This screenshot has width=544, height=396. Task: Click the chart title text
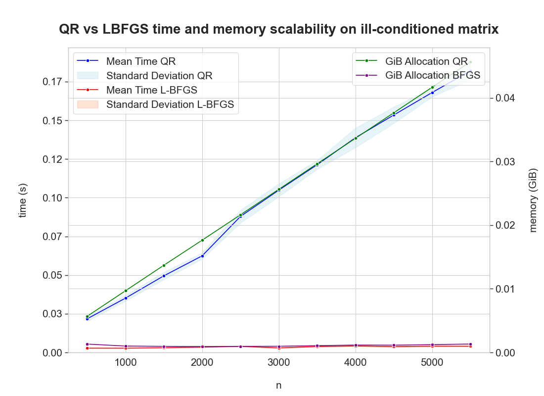point(278,30)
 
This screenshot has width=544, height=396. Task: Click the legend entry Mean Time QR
point(140,61)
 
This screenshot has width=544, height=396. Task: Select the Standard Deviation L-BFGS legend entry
point(170,104)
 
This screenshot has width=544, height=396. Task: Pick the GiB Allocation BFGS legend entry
point(432,75)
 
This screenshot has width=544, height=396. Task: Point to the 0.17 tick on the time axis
point(50,82)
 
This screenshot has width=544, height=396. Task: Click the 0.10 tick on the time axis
point(50,198)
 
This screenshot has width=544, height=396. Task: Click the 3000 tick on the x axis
point(278,362)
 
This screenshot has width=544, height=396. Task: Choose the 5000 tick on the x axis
point(432,362)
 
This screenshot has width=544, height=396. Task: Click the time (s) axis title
point(22,200)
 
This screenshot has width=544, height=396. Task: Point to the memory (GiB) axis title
point(533,200)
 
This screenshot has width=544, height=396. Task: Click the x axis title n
point(278,385)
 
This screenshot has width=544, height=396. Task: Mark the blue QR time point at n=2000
point(202,256)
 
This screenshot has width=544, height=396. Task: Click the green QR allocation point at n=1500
point(164,265)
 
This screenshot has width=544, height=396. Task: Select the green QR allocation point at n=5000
point(432,87)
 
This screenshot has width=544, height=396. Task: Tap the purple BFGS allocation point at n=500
point(87,344)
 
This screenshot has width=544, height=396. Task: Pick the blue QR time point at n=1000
point(126,298)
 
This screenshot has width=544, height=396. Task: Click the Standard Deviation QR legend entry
point(159,76)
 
